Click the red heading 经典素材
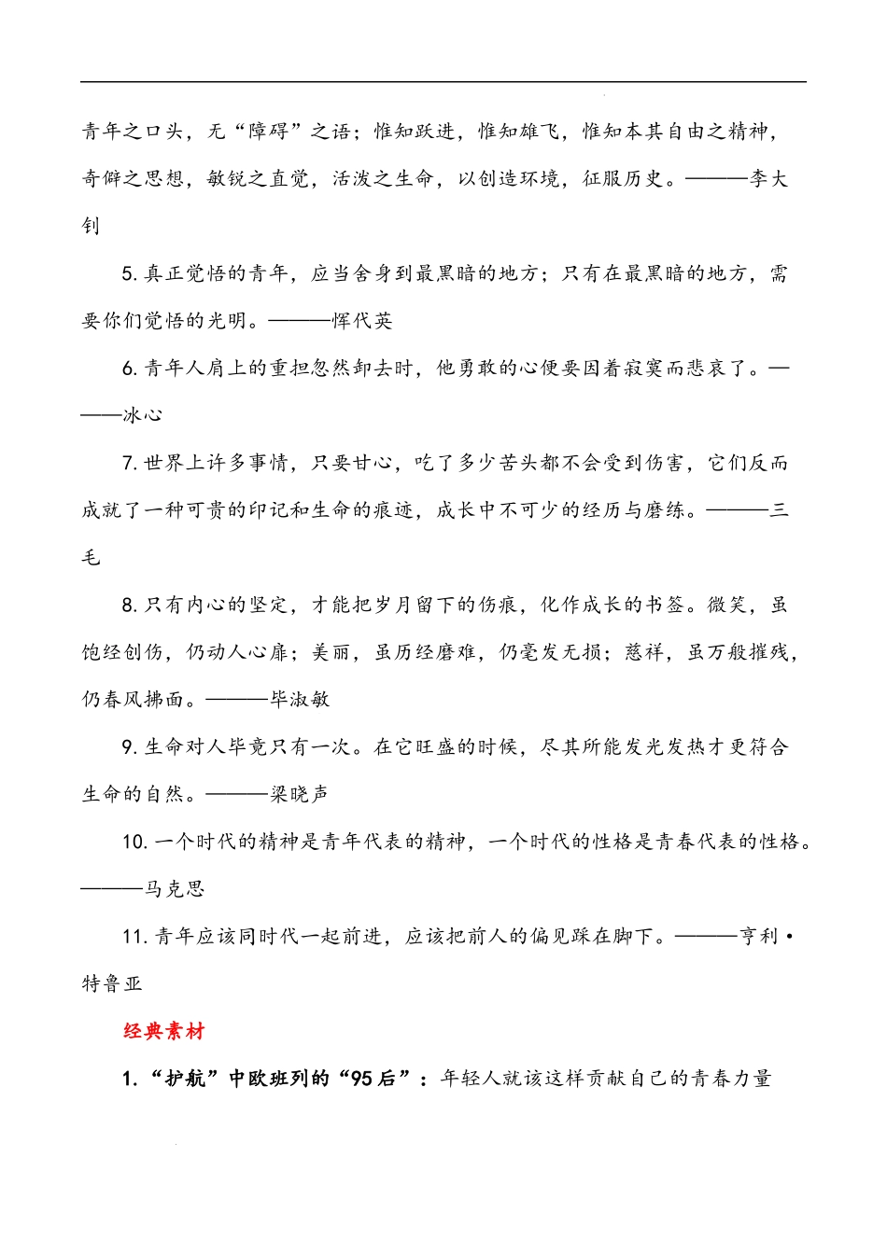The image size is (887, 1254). (163, 1031)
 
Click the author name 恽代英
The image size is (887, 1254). (363, 321)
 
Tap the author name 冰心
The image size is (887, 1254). (143, 415)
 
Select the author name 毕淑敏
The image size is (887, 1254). (300, 700)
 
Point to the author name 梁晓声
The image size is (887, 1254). (300, 794)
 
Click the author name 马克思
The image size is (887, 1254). (175, 889)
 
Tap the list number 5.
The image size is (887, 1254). (129, 273)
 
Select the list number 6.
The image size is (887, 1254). (129, 369)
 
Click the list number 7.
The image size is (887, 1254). (129, 464)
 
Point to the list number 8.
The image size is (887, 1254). (129, 606)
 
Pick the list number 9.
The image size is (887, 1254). (129, 747)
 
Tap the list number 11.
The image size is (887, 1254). (134, 937)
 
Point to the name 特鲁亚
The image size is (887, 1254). (112, 984)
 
